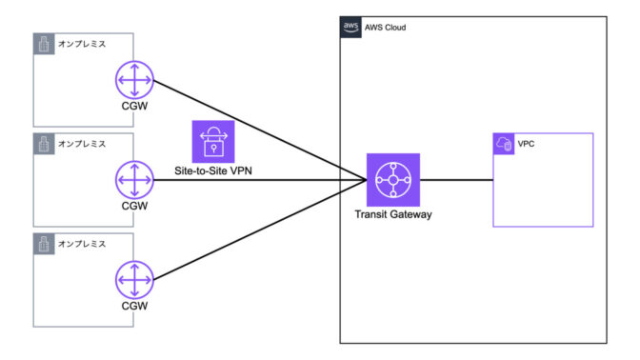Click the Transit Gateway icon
coord(391,179)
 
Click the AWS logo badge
coord(350,27)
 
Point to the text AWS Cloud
coord(386,28)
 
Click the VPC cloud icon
coord(503,144)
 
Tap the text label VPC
coord(527,145)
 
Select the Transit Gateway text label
coord(391,215)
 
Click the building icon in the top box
coord(42,44)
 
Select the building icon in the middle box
coord(42,144)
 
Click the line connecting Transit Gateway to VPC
coord(454,179)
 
